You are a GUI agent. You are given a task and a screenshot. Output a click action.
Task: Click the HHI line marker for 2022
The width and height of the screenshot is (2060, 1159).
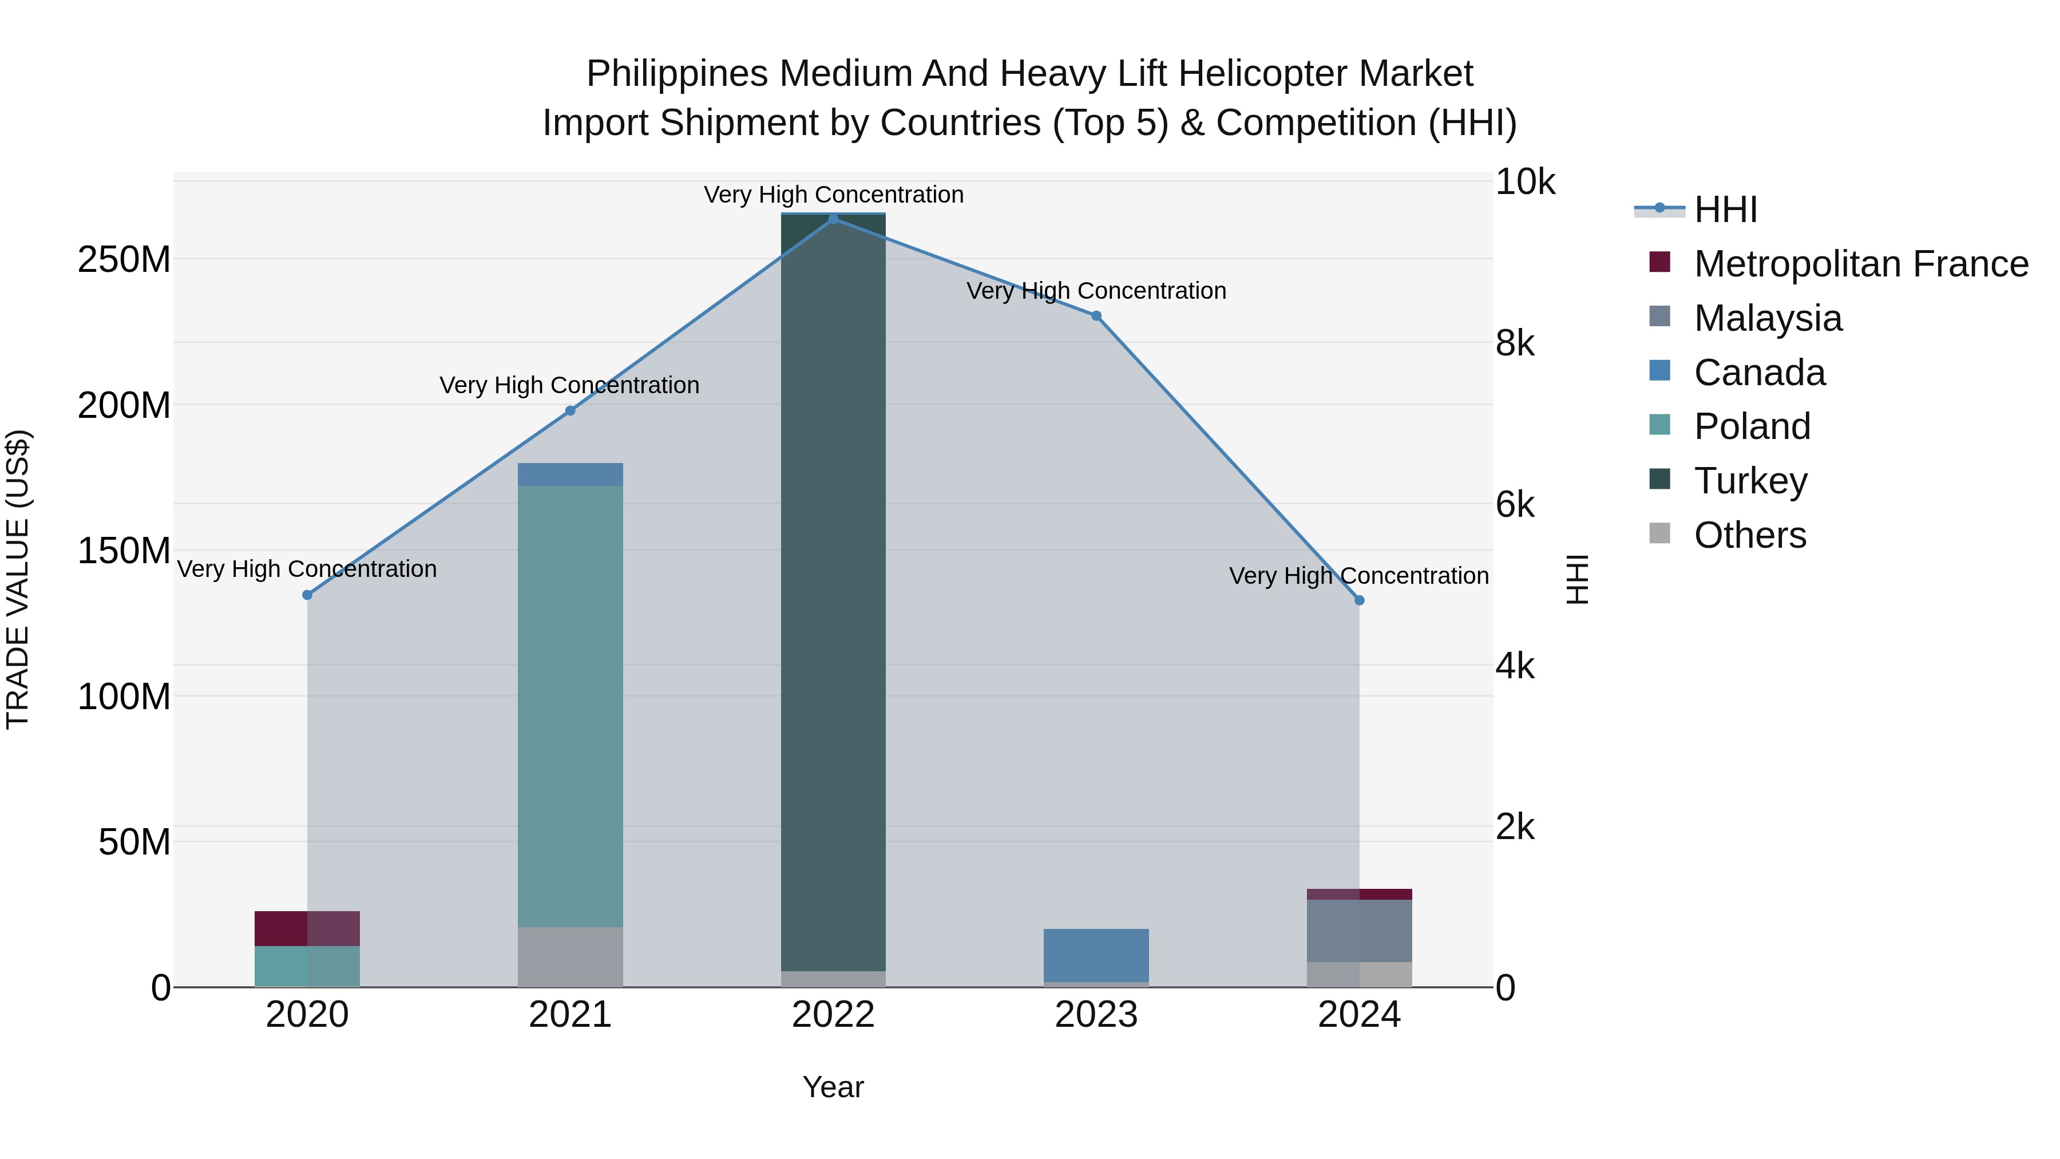click(x=833, y=219)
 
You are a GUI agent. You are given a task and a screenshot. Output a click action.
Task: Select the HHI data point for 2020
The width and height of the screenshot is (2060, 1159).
click(x=307, y=595)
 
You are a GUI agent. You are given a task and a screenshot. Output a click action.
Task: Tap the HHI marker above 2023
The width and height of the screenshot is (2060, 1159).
click(x=1096, y=316)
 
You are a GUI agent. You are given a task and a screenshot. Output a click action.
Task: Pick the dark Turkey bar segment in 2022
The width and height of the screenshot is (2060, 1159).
click(x=833, y=592)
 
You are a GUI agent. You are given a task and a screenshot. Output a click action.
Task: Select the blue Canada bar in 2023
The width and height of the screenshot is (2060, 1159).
click(x=1096, y=955)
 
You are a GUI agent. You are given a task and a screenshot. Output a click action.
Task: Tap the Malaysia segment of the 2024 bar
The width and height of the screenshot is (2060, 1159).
click(x=1360, y=930)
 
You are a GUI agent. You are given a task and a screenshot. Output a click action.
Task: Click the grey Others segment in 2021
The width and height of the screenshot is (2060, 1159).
click(x=570, y=956)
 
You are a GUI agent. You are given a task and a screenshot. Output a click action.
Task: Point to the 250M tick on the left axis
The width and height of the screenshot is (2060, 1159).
click(x=124, y=260)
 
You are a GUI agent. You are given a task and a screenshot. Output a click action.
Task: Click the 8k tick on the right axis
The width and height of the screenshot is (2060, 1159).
click(x=1515, y=343)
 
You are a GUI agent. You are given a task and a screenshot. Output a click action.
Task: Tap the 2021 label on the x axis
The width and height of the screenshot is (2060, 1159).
click(x=570, y=1015)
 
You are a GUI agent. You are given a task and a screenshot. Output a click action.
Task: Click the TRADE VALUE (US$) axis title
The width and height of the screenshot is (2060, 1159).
click(x=18, y=579)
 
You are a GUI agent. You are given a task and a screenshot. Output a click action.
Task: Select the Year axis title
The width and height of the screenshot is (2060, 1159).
click(x=833, y=1087)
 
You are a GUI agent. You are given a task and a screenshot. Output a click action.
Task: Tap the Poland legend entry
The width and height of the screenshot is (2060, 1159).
click(x=1752, y=426)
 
